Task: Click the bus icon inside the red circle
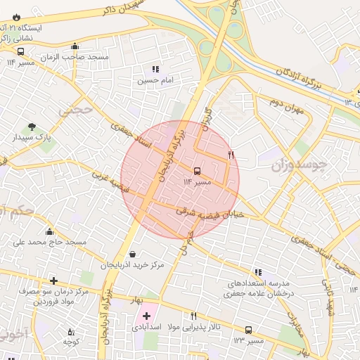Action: click(x=196, y=171)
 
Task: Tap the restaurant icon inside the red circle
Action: click(x=231, y=154)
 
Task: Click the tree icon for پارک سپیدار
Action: click(x=32, y=127)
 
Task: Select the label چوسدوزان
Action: click(x=299, y=166)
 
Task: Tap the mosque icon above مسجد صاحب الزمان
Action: click(x=75, y=46)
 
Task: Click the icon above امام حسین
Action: click(x=155, y=70)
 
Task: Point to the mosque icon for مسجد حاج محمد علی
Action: click(x=49, y=232)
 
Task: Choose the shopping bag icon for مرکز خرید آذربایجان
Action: click(x=133, y=255)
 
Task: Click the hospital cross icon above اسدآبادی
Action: click(x=146, y=316)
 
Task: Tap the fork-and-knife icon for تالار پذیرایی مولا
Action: click(x=193, y=316)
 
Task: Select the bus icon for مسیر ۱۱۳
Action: click(x=248, y=330)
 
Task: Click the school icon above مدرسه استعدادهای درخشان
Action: click(x=258, y=272)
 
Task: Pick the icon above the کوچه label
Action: click(x=70, y=331)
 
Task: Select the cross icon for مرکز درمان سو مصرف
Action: click(x=53, y=281)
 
